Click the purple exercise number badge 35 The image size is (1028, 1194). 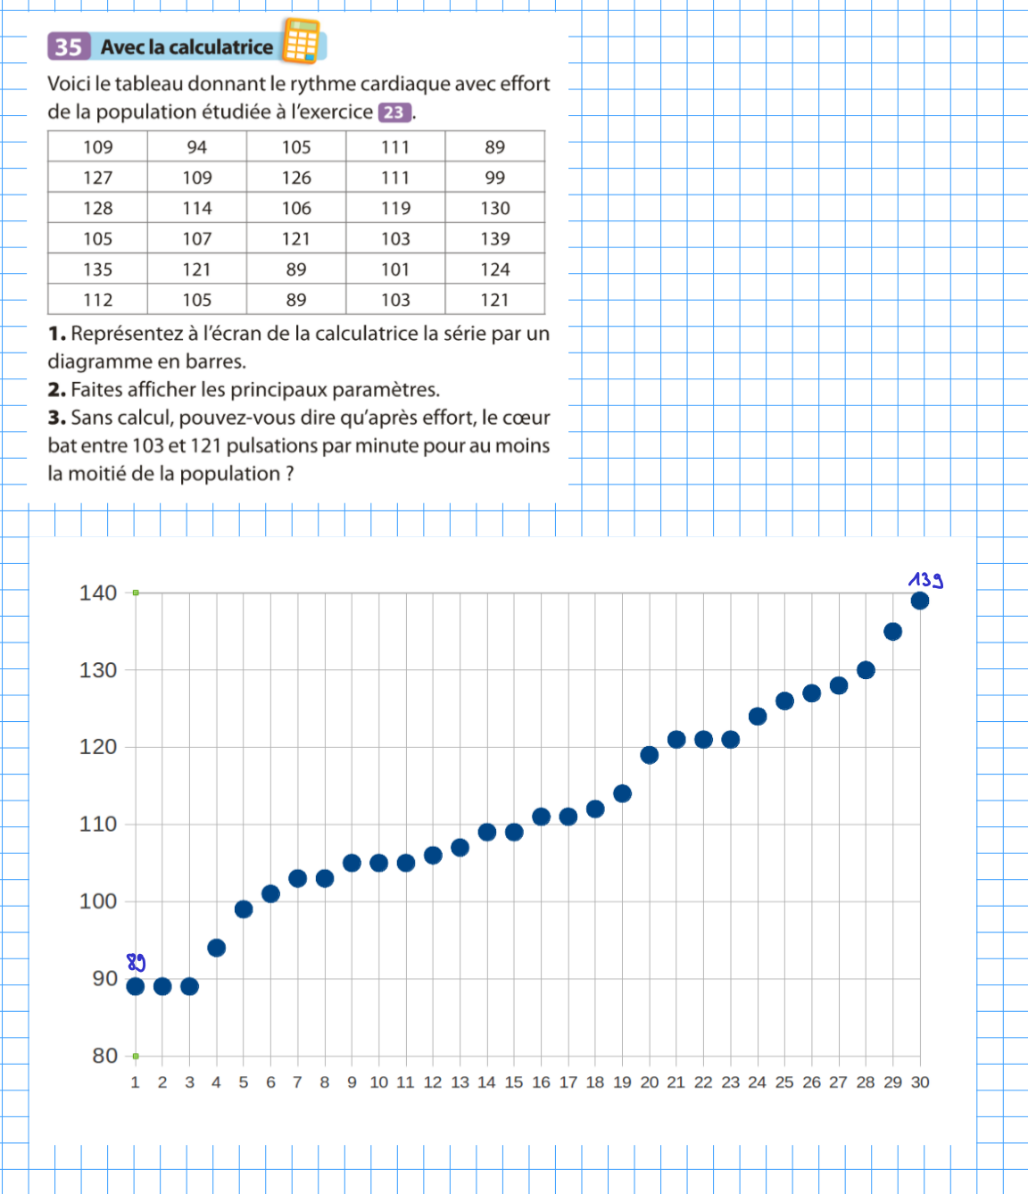(69, 46)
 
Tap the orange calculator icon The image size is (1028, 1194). (301, 41)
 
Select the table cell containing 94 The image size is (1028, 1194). (197, 147)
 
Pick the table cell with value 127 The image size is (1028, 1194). (98, 178)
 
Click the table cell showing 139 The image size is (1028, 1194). (495, 239)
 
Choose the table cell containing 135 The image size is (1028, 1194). (98, 269)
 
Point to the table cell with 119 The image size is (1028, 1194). (395, 208)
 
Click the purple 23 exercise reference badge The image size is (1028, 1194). (394, 112)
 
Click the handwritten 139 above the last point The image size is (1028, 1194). (925, 580)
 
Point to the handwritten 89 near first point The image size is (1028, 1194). (136, 962)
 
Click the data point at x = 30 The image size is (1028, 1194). (920, 601)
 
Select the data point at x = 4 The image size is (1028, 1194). (216, 948)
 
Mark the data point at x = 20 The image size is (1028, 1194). (650, 755)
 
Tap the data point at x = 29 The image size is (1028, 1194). (892, 632)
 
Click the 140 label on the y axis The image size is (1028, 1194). (98, 593)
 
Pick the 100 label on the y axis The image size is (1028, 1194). (98, 901)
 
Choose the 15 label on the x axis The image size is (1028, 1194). (514, 1082)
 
